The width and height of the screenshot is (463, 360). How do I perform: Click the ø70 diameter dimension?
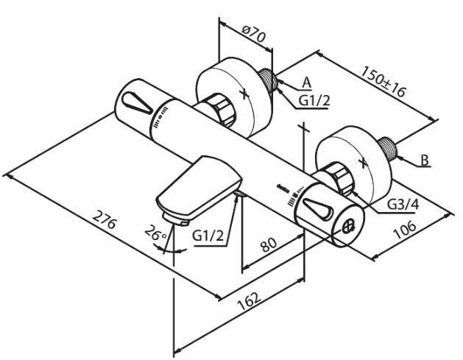pyautogui.click(x=253, y=32)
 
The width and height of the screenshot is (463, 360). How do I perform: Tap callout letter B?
pyautogui.click(x=425, y=159)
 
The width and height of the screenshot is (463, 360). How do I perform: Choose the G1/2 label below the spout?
pyautogui.click(x=209, y=236)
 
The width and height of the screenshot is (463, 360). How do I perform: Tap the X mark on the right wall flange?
pyautogui.click(x=361, y=161)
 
